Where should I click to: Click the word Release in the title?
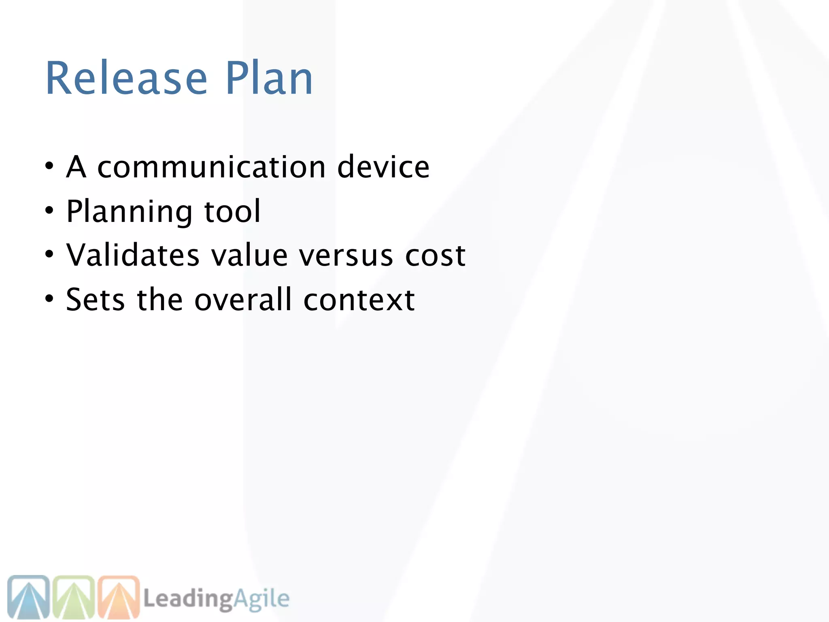tap(127, 78)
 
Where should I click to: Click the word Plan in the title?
tap(269, 78)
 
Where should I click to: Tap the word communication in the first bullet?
tap(211, 167)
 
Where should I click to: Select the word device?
tap(383, 167)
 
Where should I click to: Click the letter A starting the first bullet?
tap(76, 167)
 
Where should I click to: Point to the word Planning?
tap(129, 212)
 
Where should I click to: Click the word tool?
tap(232, 211)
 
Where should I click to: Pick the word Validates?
tap(133, 256)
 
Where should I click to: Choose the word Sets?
tap(95, 300)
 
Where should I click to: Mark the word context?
tap(359, 300)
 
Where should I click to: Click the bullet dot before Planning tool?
tap(49, 211)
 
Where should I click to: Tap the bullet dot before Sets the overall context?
tap(49, 299)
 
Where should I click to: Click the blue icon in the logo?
tap(28, 597)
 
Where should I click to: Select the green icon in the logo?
tap(74, 597)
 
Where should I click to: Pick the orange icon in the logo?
tap(119, 597)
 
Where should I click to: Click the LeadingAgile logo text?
tap(217, 599)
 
